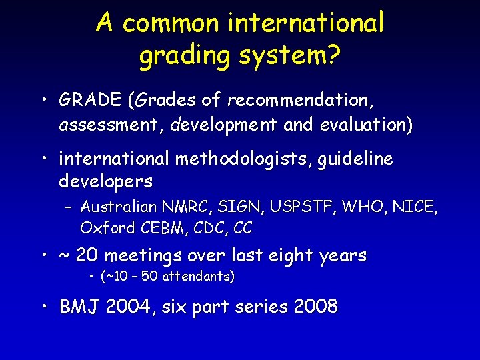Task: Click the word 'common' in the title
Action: pos(170,23)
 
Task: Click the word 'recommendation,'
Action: pos(301,101)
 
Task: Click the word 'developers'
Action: pos(106,181)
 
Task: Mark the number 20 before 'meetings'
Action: pos(85,255)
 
